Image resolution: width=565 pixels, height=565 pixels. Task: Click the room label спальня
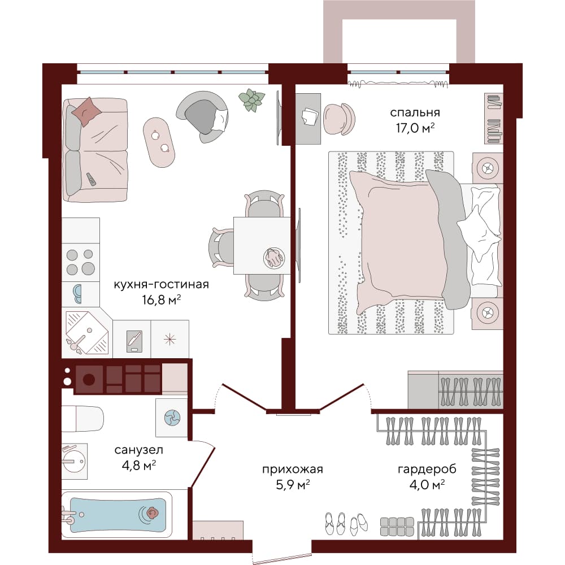[415, 113]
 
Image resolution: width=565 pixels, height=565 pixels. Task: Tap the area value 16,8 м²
[161, 300]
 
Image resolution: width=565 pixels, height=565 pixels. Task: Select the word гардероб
[427, 470]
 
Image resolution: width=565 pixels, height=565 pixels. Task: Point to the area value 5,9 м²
[293, 485]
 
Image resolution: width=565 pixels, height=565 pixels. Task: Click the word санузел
[139, 450]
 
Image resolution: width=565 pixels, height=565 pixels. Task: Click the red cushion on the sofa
[86, 111]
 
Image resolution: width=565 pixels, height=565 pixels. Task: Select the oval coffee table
[159, 142]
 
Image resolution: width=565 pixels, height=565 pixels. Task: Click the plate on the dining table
[274, 258]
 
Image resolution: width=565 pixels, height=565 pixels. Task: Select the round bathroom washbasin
[74, 461]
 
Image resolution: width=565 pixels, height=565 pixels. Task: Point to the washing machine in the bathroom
[172, 418]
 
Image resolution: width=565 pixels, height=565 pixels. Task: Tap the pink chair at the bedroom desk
[339, 119]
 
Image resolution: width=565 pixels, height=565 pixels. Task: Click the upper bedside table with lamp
[487, 168]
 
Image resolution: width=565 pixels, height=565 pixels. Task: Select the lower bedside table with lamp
[487, 313]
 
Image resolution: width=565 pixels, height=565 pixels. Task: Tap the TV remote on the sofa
[91, 180]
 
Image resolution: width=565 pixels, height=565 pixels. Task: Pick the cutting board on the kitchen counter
[134, 341]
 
